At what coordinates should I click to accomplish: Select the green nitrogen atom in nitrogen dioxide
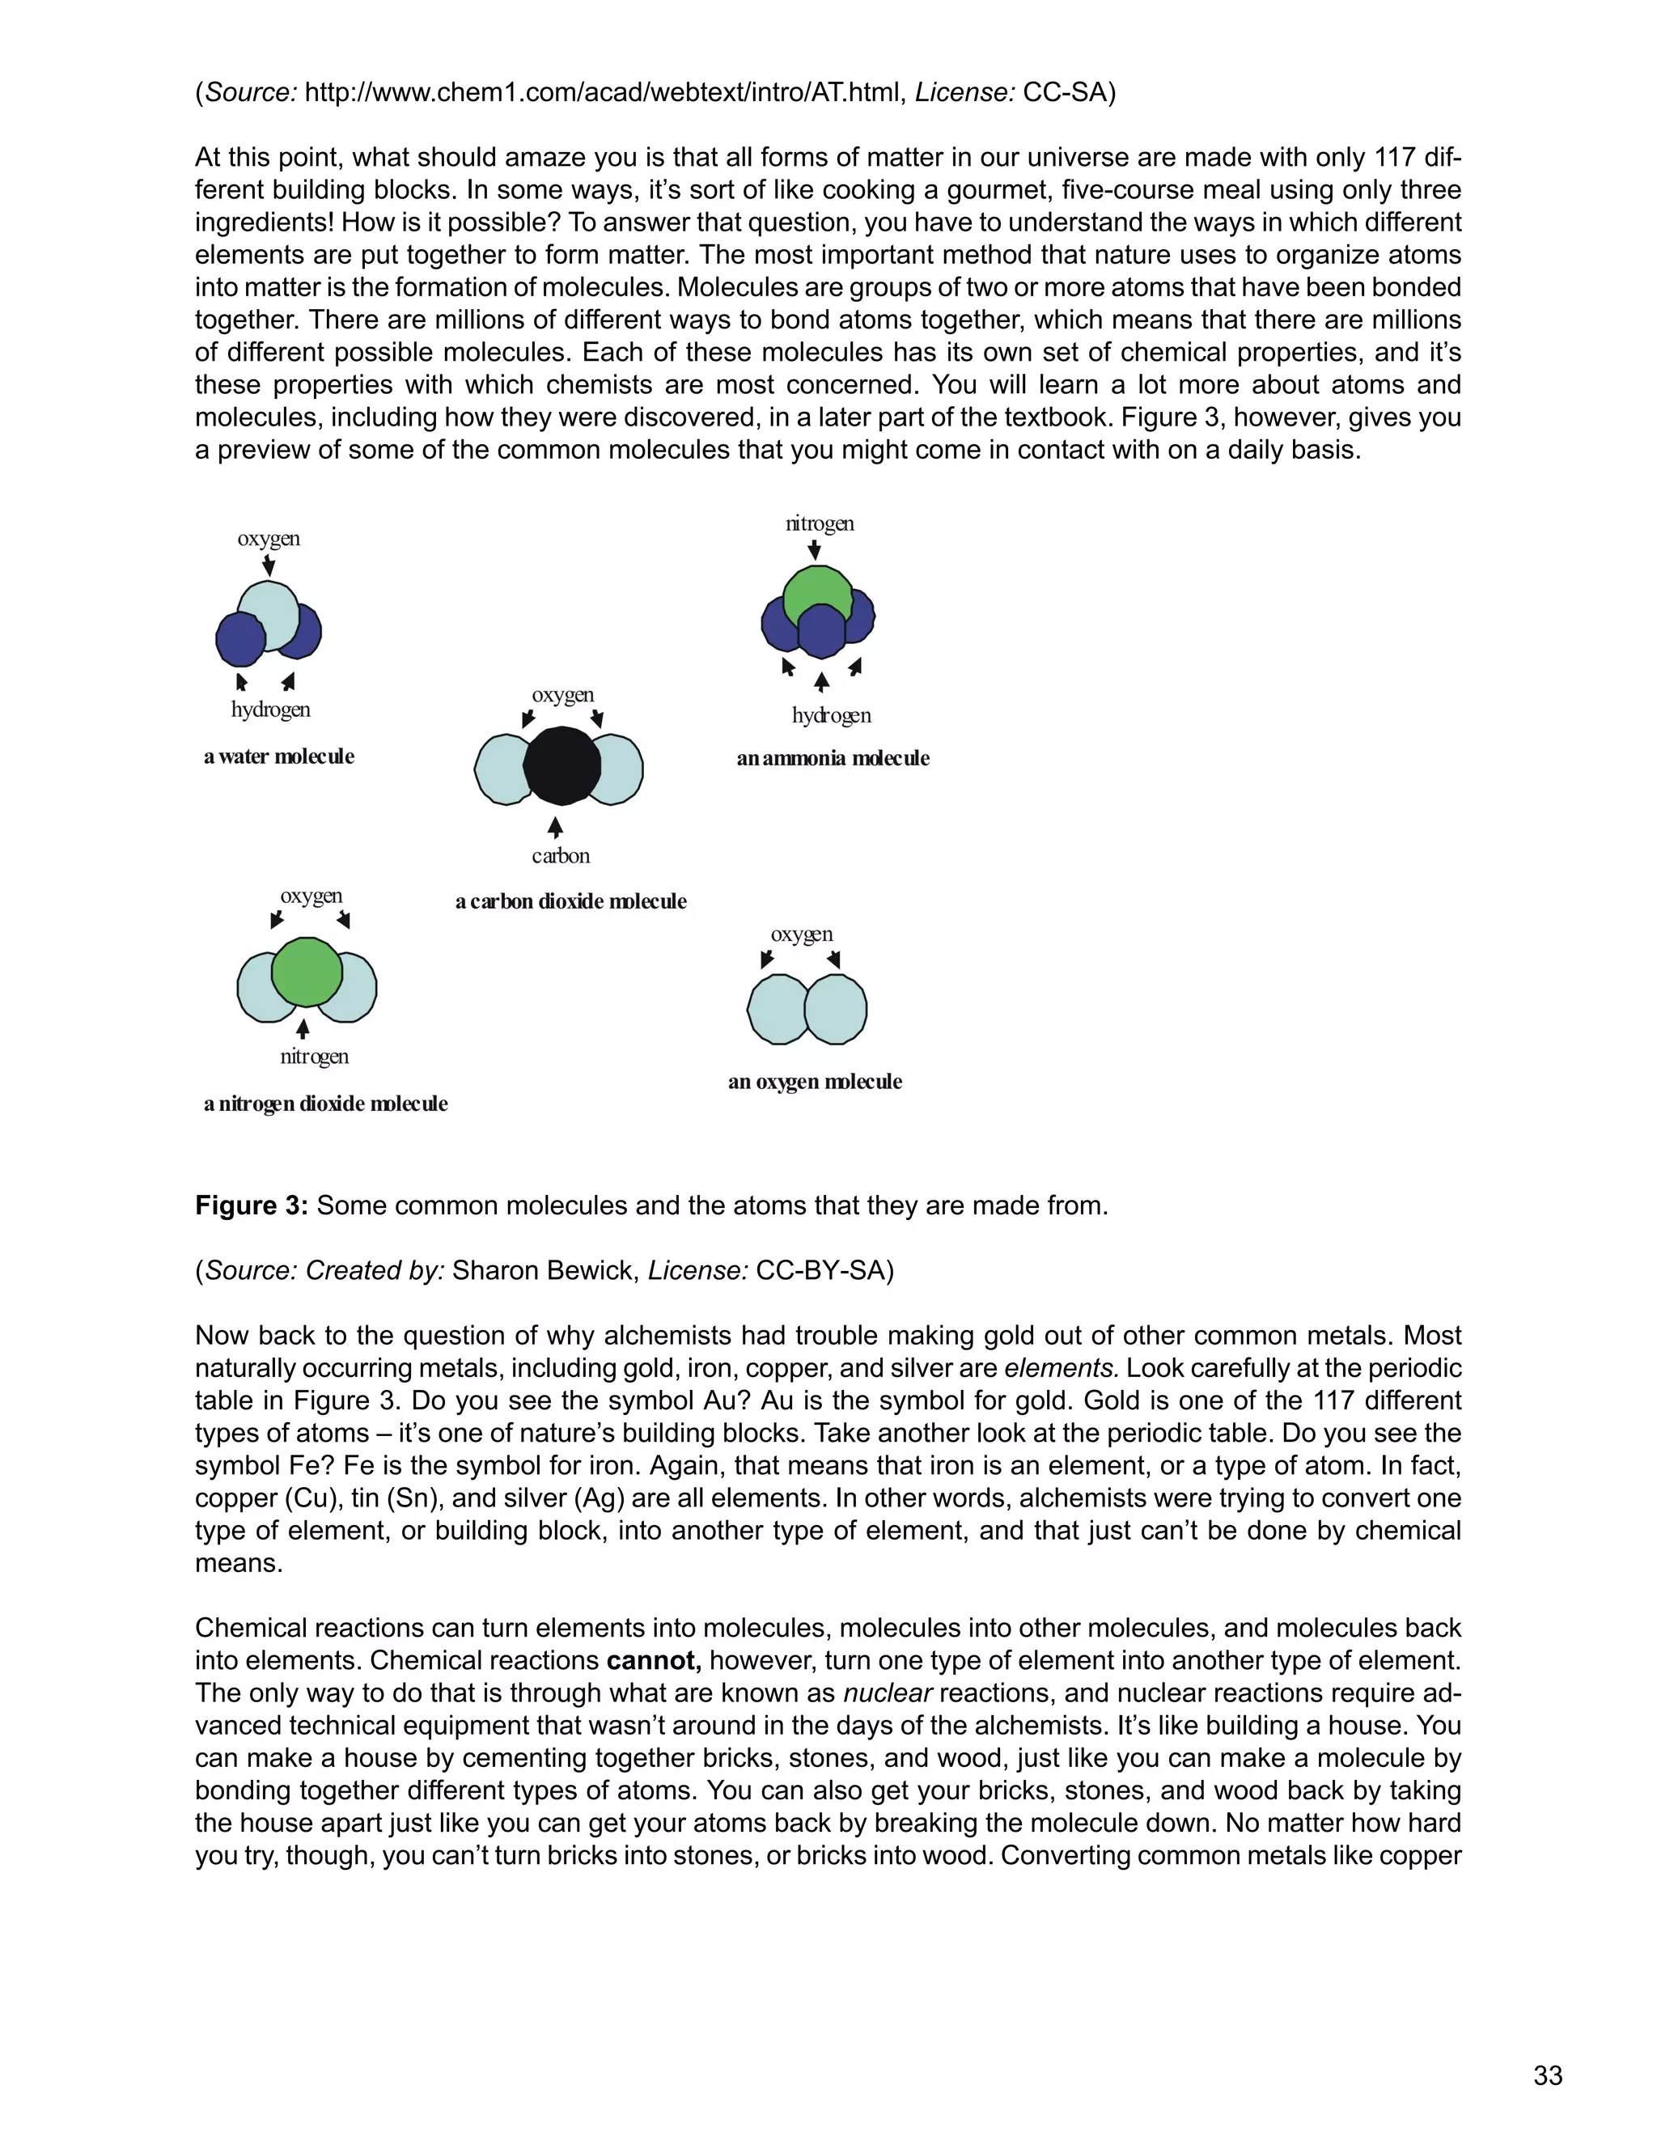pyautogui.click(x=307, y=971)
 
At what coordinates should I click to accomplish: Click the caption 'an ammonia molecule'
pyautogui.click(x=833, y=759)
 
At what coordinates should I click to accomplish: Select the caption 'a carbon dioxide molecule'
pyautogui.click(x=570, y=902)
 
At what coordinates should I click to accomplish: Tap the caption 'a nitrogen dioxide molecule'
pyautogui.click(x=325, y=1104)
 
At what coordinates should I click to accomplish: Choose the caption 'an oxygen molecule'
pyautogui.click(x=815, y=1082)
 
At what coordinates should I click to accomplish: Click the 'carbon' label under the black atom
pyautogui.click(x=561, y=856)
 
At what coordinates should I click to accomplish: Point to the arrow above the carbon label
pyautogui.click(x=556, y=827)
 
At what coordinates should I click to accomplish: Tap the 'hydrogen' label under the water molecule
pyautogui.click(x=271, y=710)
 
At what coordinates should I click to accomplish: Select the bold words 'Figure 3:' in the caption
pyautogui.click(x=252, y=1205)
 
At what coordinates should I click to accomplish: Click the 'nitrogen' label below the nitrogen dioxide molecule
pyautogui.click(x=314, y=1057)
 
